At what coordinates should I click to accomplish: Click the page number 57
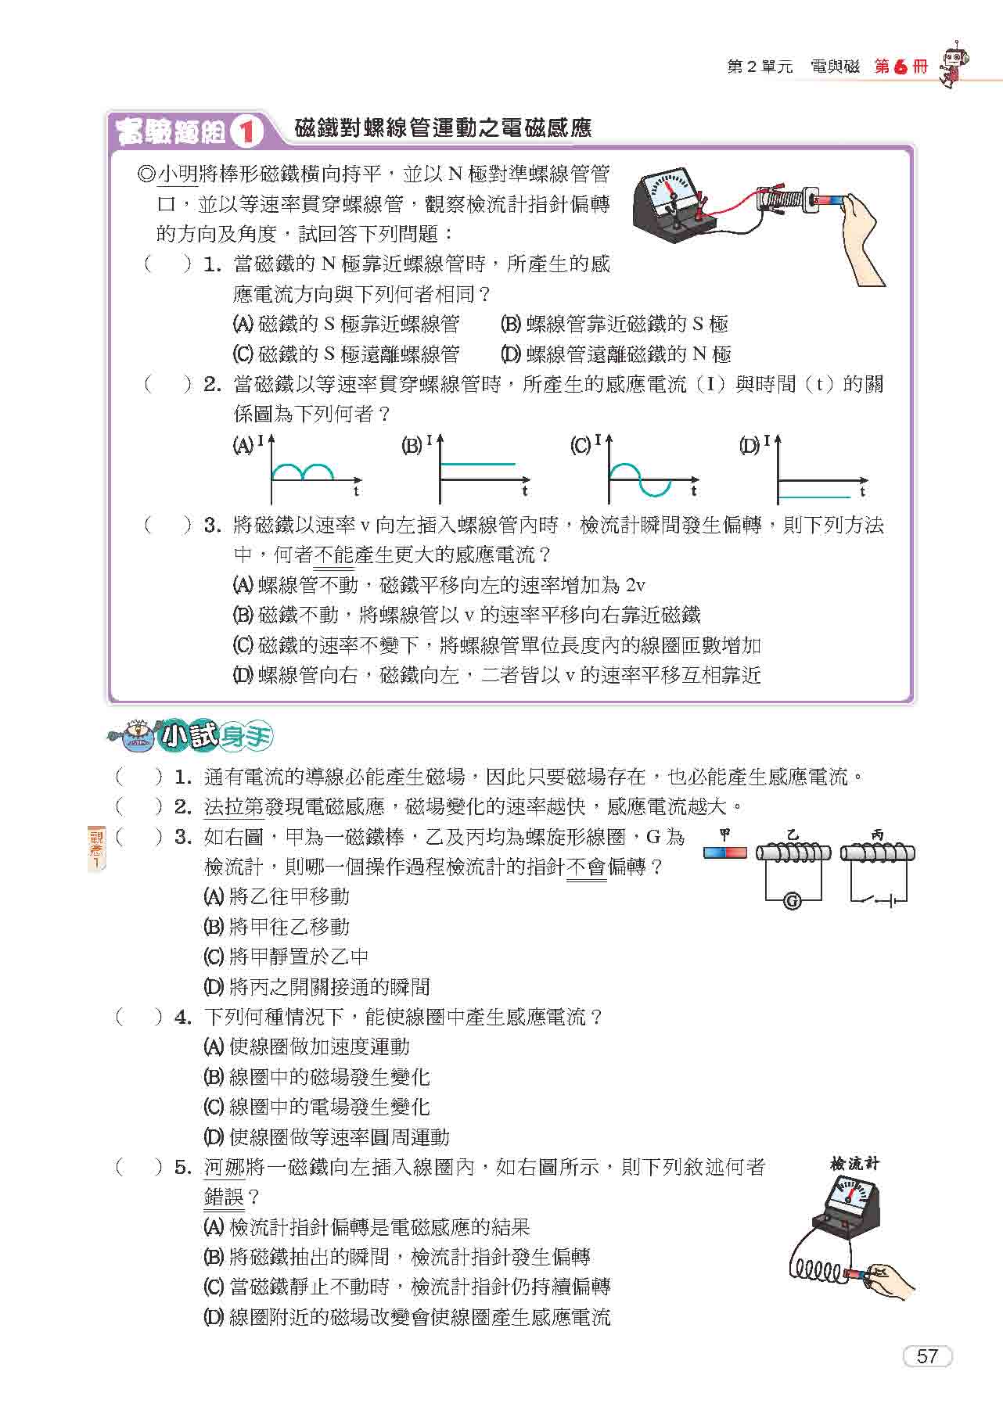[x=927, y=1356]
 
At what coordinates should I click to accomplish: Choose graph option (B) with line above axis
[x=477, y=465]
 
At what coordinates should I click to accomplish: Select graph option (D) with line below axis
[x=814, y=496]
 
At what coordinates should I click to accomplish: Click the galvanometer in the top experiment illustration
[x=672, y=202]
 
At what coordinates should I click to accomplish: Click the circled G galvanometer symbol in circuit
[x=792, y=901]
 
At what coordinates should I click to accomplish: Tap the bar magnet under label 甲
[x=725, y=853]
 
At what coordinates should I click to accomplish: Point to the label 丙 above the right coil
[x=877, y=835]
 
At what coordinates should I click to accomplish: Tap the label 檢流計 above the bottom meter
[x=854, y=1163]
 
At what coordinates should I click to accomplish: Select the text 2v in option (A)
[x=635, y=585]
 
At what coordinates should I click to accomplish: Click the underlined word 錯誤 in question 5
[x=224, y=1197]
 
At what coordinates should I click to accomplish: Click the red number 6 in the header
[x=901, y=67]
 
